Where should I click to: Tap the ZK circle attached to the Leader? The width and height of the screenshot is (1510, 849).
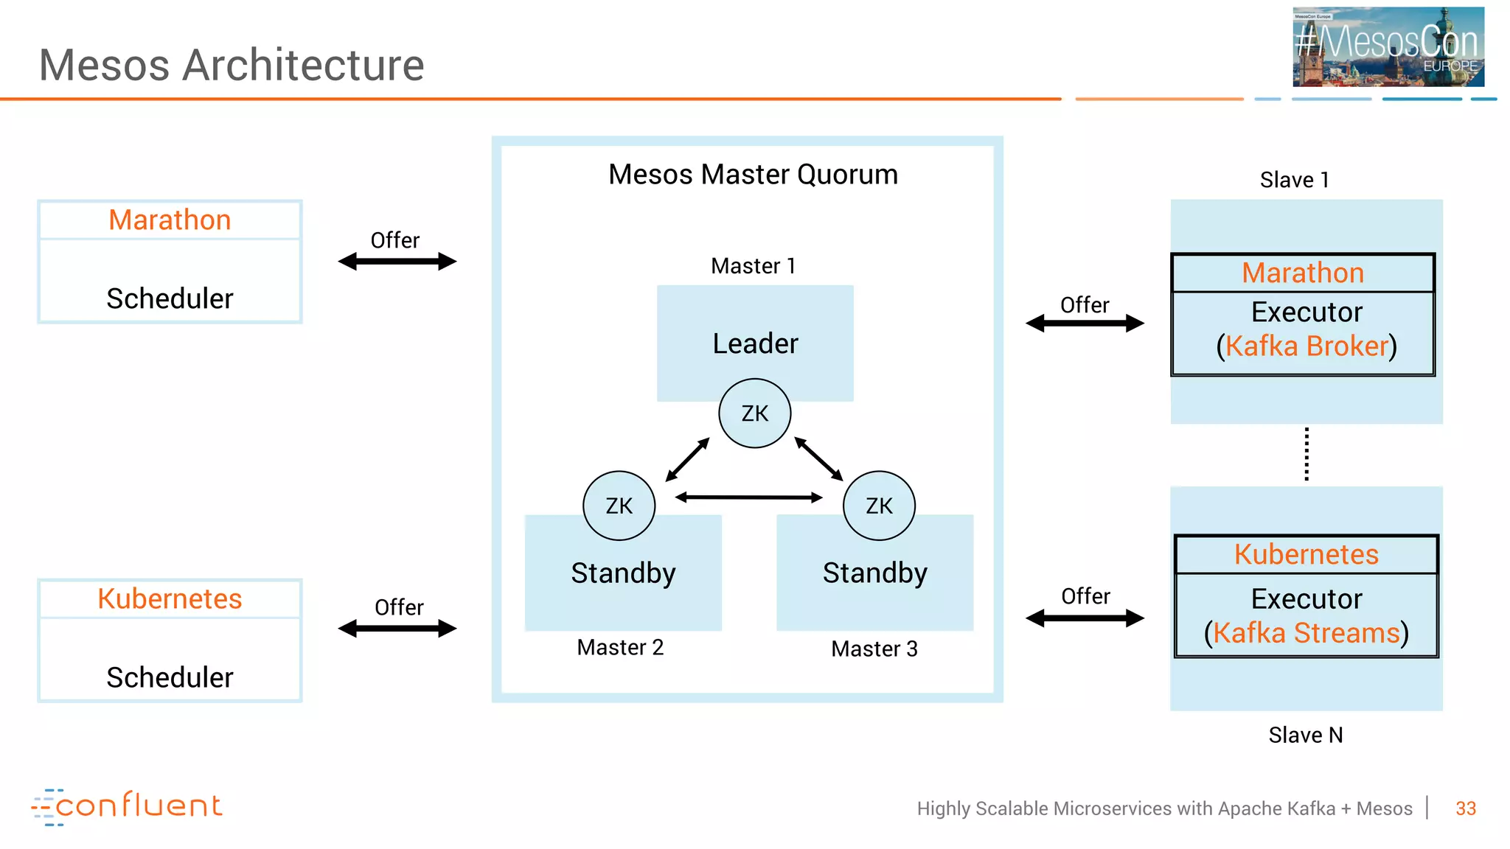click(x=755, y=413)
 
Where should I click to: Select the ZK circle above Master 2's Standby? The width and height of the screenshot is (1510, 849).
click(x=619, y=506)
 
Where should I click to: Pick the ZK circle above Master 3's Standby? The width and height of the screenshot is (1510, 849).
click(x=879, y=506)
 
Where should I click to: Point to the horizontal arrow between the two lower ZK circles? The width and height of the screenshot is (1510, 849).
click(x=748, y=497)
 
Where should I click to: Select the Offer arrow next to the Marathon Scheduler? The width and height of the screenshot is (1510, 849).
click(x=397, y=262)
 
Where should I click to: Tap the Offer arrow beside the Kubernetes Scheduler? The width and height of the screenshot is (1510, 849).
click(x=397, y=629)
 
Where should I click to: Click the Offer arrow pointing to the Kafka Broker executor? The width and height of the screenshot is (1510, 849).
click(x=1085, y=324)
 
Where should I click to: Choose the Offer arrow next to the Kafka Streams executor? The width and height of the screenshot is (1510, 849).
click(x=1085, y=618)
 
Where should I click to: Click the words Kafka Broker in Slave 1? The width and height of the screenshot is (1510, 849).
click(x=1307, y=346)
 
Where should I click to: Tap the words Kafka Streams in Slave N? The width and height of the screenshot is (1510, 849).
click(x=1307, y=633)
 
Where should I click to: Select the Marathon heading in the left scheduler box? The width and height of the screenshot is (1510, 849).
click(x=170, y=220)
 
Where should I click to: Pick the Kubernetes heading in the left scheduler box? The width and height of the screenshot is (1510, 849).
click(x=170, y=598)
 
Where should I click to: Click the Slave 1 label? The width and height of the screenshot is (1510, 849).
click(x=1294, y=180)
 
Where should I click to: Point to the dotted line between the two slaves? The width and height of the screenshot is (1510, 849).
click(x=1307, y=455)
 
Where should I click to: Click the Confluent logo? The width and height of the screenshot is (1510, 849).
click(x=127, y=806)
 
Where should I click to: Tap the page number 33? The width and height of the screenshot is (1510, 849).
click(x=1466, y=808)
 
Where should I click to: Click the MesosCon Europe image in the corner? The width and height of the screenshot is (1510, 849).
click(x=1388, y=47)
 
